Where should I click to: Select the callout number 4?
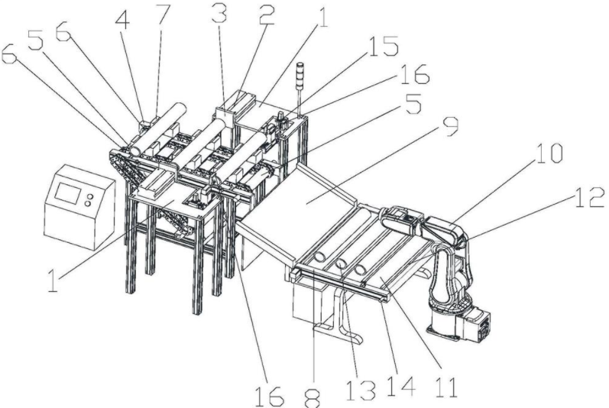coord(122,19)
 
